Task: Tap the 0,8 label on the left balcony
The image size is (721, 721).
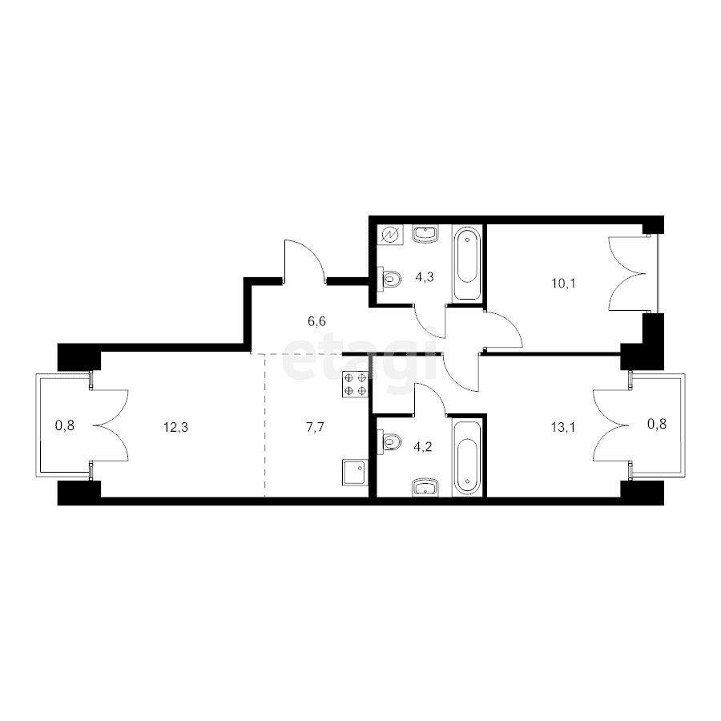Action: (64, 426)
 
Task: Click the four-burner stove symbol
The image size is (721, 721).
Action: (356, 385)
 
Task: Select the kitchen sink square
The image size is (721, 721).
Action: (353, 472)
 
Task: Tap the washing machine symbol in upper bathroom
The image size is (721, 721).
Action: (390, 235)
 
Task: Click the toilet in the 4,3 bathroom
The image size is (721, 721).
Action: (391, 279)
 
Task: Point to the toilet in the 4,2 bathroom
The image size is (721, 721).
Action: (391, 440)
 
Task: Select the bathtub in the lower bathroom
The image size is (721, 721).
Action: (467, 457)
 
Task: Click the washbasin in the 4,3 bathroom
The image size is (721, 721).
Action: (425, 234)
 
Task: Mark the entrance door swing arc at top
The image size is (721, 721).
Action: (304, 260)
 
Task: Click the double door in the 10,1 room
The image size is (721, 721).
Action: (629, 272)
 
